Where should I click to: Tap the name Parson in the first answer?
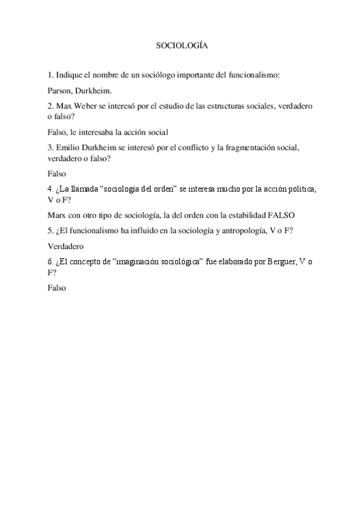point(59,90)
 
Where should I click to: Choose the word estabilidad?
point(242,215)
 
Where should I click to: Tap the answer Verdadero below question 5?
point(65,246)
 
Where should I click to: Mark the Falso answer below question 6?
point(56,289)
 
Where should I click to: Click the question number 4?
point(49,189)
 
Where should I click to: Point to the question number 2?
point(49,105)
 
